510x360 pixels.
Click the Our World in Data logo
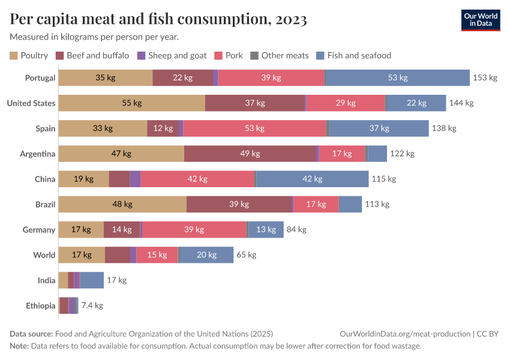(x=480, y=20)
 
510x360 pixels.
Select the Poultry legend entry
(x=29, y=56)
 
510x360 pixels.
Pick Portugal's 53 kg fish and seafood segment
(x=397, y=78)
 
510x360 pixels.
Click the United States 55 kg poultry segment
(x=131, y=103)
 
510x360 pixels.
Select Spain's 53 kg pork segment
(x=254, y=128)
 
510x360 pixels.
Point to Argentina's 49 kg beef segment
(x=250, y=154)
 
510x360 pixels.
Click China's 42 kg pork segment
(x=197, y=179)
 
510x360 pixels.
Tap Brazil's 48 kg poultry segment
(x=122, y=204)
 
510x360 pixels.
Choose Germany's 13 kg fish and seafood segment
(x=266, y=229)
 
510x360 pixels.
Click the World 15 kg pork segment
(x=157, y=254)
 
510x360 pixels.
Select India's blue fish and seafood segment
(x=92, y=280)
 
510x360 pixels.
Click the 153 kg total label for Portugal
(x=485, y=78)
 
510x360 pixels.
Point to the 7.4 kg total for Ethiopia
(x=92, y=305)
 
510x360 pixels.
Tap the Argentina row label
(x=37, y=154)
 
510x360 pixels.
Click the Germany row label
(x=38, y=229)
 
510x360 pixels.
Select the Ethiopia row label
(x=40, y=305)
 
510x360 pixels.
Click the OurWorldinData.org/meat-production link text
(x=404, y=334)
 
